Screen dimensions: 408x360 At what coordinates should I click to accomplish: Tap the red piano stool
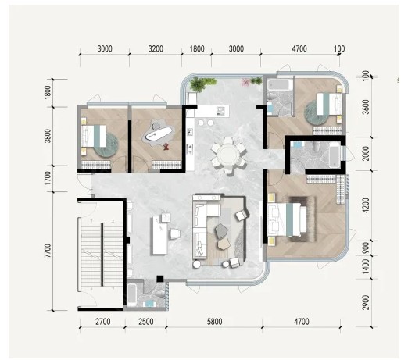pos(166,147)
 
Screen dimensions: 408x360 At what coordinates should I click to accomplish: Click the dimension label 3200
pos(156,48)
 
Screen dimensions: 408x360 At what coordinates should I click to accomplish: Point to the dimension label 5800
pos(215,322)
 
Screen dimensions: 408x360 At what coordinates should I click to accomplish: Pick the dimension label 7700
pos(48,251)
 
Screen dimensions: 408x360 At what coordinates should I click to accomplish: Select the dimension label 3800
pos(48,136)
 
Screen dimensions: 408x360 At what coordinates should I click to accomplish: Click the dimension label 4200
pos(366,205)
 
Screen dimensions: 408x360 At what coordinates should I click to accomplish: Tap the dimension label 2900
pos(366,302)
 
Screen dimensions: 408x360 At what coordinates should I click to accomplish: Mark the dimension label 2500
pos(146,322)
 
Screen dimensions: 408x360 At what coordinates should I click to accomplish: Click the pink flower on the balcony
pos(245,82)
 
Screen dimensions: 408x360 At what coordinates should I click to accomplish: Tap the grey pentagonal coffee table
pos(221,230)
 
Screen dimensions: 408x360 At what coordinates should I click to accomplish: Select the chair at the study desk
pos(175,233)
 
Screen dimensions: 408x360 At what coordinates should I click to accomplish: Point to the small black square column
pos(160,279)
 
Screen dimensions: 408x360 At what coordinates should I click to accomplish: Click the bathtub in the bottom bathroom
pos(132,295)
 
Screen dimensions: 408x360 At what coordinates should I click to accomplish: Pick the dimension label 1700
pos(48,178)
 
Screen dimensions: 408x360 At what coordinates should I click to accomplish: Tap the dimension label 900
pos(366,248)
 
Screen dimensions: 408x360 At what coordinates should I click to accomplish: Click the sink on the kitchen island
pos(220,111)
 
